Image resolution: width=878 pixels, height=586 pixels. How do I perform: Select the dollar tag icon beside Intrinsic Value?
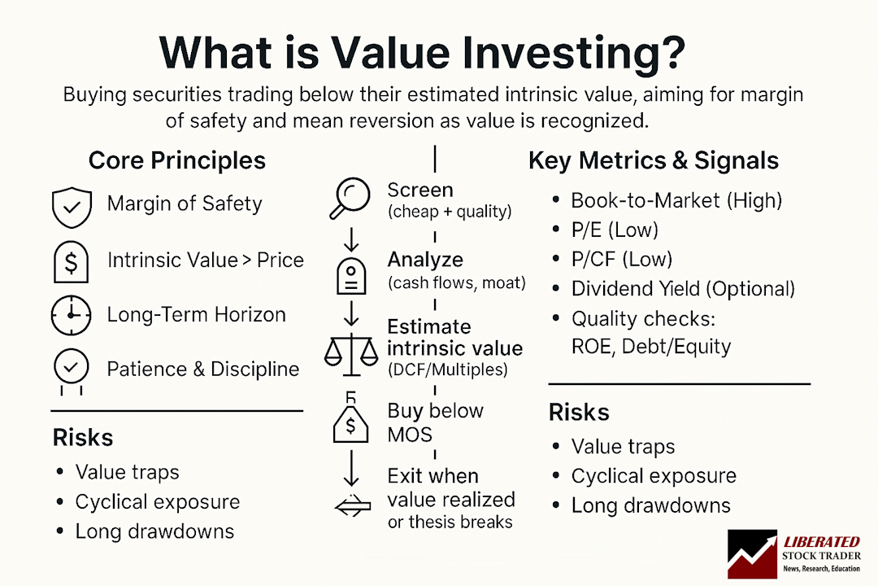click(x=72, y=261)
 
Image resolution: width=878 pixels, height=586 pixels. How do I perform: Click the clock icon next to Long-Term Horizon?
click(x=72, y=316)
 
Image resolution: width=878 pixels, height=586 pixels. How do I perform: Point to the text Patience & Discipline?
click(x=203, y=369)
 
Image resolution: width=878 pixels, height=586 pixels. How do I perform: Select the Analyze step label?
click(x=425, y=260)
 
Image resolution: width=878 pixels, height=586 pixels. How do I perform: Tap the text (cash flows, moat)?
click(x=456, y=283)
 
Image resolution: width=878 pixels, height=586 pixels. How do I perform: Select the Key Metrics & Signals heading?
click(x=654, y=160)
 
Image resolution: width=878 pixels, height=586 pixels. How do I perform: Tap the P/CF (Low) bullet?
click(x=622, y=260)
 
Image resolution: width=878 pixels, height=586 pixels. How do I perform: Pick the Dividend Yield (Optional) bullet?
click(x=683, y=289)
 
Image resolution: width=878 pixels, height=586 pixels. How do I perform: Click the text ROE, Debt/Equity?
click(x=651, y=347)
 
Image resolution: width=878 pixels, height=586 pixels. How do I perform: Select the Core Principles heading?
click(x=176, y=160)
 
